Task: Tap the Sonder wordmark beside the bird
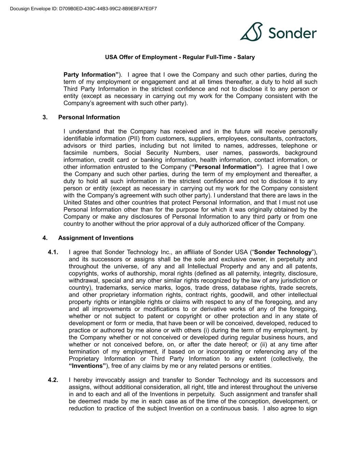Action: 292,33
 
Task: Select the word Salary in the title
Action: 246,57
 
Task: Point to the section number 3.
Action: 45,117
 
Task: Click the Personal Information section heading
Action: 89,117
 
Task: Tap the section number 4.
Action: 45,238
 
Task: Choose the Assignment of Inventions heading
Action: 96,238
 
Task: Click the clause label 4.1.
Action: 53,252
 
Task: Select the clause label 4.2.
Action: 53,380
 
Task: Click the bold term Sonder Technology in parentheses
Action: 283,252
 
